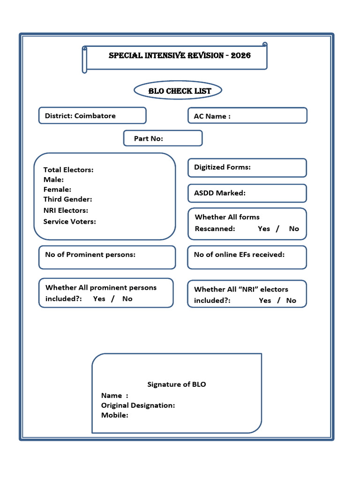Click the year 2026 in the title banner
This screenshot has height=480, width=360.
pyautogui.click(x=241, y=55)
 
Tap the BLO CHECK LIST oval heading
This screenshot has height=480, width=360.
pyautogui.click(x=180, y=91)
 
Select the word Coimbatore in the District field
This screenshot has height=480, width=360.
pyautogui.click(x=95, y=116)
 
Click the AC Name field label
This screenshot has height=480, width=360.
pyautogui.click(x=212, y=116)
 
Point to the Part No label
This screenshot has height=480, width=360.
pyautogui.click(x=148, y=139)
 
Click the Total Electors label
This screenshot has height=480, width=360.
pyautogui.click(x=68, y=170)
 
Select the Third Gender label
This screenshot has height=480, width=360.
pyautogui.click(x=67, y=199)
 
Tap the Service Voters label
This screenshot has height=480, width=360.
pyautogui.click(x=69, y=221)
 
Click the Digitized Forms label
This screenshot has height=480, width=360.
pyautogui.click(x=222, y=167)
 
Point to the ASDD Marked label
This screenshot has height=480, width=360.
pyautogui.click(x=219, y=193)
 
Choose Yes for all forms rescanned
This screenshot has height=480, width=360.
pyautogui.click(x=264, y=229)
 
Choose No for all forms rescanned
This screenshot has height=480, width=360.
pyautogui.click(x=294, y=229)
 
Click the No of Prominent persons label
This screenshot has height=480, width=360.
pyautogui.click(x=90, y=255)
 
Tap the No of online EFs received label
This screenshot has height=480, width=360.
pyautogui.click(x=239, y=255)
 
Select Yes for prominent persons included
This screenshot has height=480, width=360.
pyautogui.click(x=99, y=299)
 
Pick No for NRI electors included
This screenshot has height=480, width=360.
pyautogui.click(x=291, y=300)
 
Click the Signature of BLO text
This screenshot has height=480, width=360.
pyautogui.click(x=177, y=384)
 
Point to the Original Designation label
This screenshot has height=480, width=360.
pyautogui.click(x=138, y=405)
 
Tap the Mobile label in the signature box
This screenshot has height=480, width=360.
pyautogui.click(x=114, y=415)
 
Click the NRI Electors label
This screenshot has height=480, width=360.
pyautogui.click(x=66, y=210)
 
